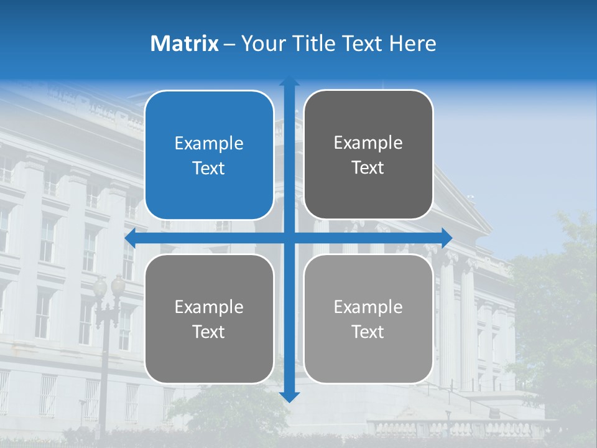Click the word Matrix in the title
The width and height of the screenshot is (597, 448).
click(185, 44)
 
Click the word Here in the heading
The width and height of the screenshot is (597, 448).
click(413, 44)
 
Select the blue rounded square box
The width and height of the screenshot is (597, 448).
click(209, 155)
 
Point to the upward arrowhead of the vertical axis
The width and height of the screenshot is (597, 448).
click(289, 82)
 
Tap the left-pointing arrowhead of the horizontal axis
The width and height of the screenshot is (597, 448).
click(131, 238)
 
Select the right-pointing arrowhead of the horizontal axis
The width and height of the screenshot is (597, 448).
click(446, 238)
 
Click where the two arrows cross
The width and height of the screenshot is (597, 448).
click(289, 238)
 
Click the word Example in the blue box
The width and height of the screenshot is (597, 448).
click(209, 144)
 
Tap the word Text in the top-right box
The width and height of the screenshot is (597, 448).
click(368, 168)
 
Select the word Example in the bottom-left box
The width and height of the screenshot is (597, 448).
click(209, 307)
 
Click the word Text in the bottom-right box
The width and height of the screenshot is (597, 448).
click(368, 332)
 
